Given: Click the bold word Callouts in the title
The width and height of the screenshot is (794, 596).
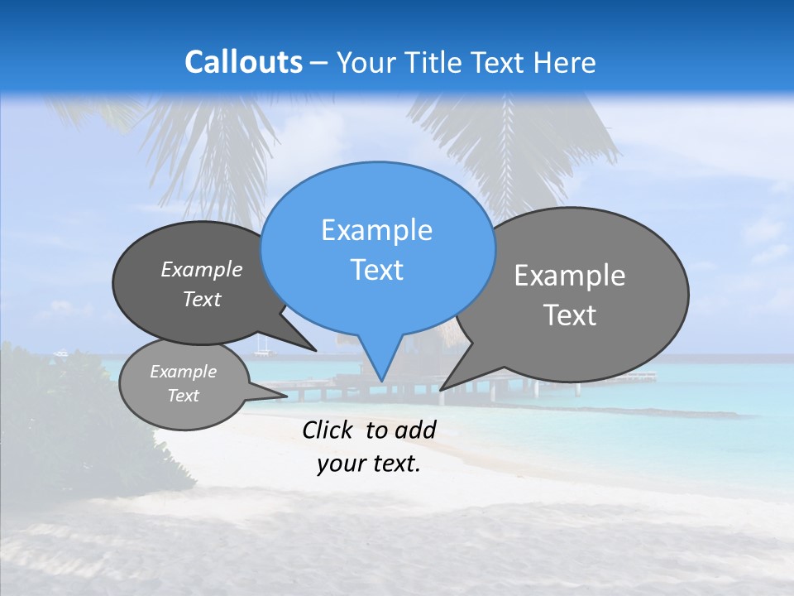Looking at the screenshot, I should tap(243, 62).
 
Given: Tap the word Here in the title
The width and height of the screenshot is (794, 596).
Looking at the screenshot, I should tap(565, 62).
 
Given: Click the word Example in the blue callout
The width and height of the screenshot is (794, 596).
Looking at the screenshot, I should tap(376, 230).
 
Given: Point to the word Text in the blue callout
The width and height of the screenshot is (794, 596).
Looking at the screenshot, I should tap(376, 270).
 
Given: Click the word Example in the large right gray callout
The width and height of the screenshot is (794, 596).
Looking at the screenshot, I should tap(570, 276).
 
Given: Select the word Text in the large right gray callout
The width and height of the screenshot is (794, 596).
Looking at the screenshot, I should tap(570, 315).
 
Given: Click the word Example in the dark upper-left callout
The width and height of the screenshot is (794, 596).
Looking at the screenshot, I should tap(202, 269).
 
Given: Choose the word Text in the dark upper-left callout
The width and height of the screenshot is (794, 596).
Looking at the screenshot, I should tap(202, 299).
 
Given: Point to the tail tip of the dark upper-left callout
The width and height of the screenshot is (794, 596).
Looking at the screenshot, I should tap(315, 349).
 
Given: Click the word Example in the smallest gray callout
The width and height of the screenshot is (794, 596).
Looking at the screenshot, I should tap(183, 372).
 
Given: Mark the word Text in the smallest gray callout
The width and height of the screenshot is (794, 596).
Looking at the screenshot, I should tap(183, 396).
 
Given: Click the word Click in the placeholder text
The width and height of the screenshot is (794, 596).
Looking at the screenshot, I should tap(327, 430).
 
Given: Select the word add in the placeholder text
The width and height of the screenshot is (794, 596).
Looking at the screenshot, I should tap(415, 430).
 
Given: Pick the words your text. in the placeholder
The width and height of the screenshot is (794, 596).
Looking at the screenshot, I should tap(369, 464).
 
